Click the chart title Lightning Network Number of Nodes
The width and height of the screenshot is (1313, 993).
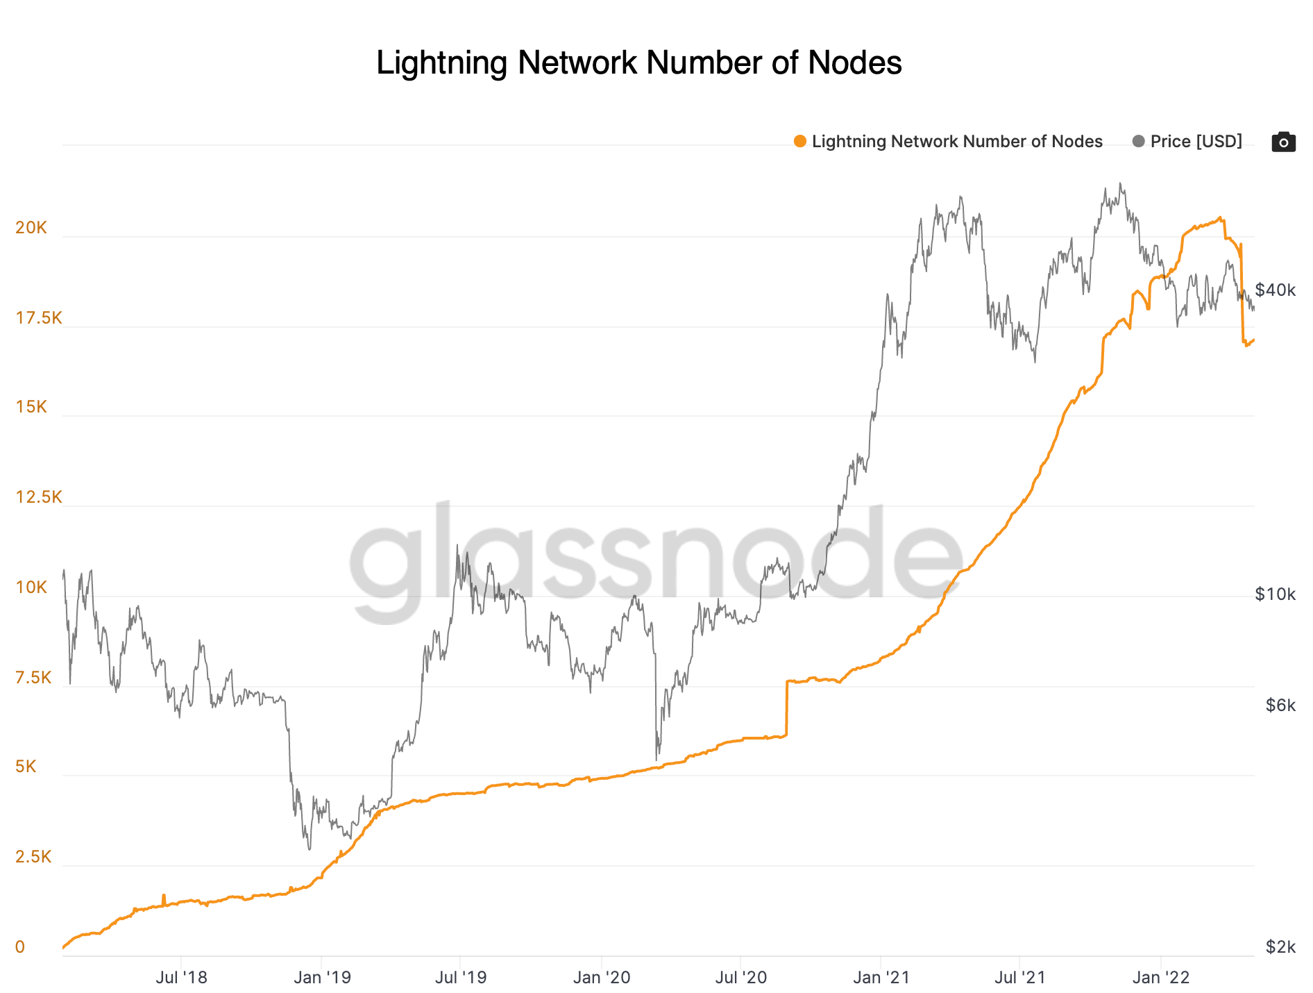[638, 62]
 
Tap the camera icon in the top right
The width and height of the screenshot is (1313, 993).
[1283, 142]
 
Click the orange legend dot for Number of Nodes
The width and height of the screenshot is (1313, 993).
[800, 142]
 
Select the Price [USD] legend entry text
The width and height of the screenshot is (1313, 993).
[1196, 142]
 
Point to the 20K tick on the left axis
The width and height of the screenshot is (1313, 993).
[31, 228]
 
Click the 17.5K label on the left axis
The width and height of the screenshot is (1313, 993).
[39, 318]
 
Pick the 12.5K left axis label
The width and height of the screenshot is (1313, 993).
[39, 497]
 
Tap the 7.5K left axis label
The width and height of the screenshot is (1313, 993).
[33, 678]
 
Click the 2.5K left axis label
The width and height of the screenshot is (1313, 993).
[33, 857]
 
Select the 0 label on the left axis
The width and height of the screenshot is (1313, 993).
[20, 947]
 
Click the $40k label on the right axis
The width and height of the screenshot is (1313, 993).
[1275, 290]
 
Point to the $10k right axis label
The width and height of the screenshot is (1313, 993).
[1275, 594]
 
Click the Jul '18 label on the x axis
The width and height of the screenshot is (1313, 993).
[181, 978]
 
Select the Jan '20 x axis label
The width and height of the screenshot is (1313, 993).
[601, 978]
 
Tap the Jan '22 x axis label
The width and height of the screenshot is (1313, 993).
[1160, 978]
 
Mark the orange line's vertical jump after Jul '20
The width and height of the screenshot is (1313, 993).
[786, 708]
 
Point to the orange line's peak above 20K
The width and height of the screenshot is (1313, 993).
[1220, 219]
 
